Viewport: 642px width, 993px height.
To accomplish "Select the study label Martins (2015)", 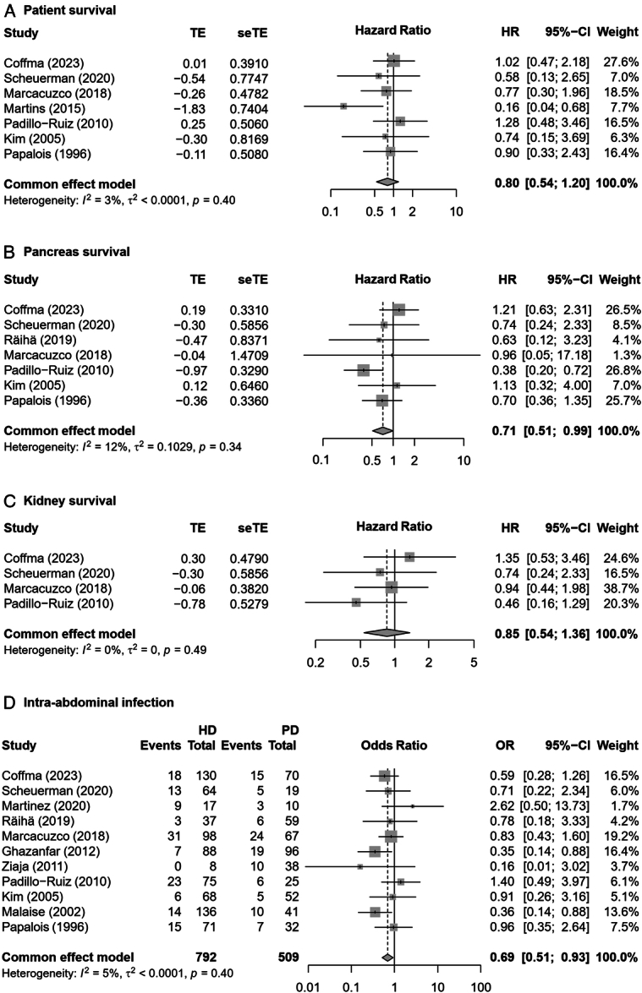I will click(40, 106).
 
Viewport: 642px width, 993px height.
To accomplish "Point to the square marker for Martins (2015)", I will click(343, 106).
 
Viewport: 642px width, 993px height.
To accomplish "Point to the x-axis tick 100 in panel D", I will click(481, 985).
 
